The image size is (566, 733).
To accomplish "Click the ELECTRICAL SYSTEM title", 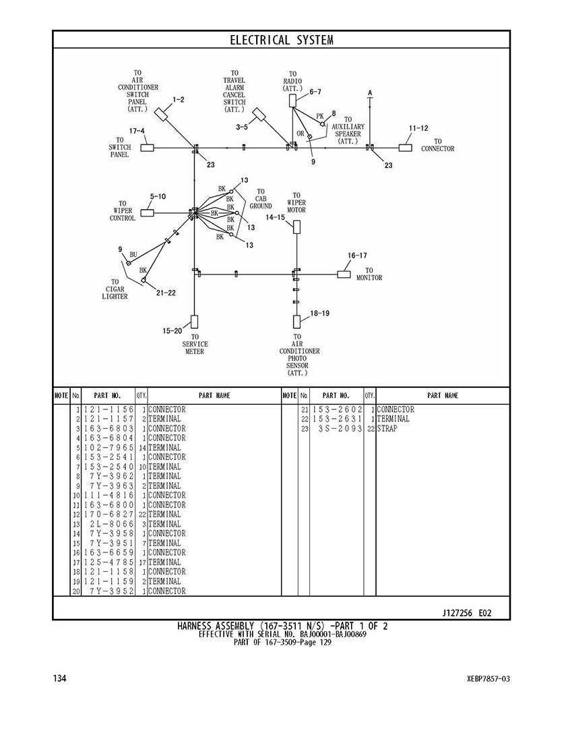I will pos(282,40).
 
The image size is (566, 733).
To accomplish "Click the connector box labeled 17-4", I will pos(147,148).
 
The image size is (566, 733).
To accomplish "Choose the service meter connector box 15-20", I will pos(194,321).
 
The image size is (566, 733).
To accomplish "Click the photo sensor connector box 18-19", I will pos(296,321).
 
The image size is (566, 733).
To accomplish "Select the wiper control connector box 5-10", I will pos(147,213).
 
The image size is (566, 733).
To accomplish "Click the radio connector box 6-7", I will pos(292,100).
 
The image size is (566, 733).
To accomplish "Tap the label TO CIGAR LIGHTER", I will pos(115,289).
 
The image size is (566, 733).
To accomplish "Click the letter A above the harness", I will pos(370,92).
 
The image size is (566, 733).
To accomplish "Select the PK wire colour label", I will pos(319,117).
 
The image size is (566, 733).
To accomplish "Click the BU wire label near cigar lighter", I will pos(133,254).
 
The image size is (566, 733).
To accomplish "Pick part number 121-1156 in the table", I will pos(108,410).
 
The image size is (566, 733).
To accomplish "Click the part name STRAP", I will pos(387,429).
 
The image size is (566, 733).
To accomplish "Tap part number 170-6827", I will pos(108,515).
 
